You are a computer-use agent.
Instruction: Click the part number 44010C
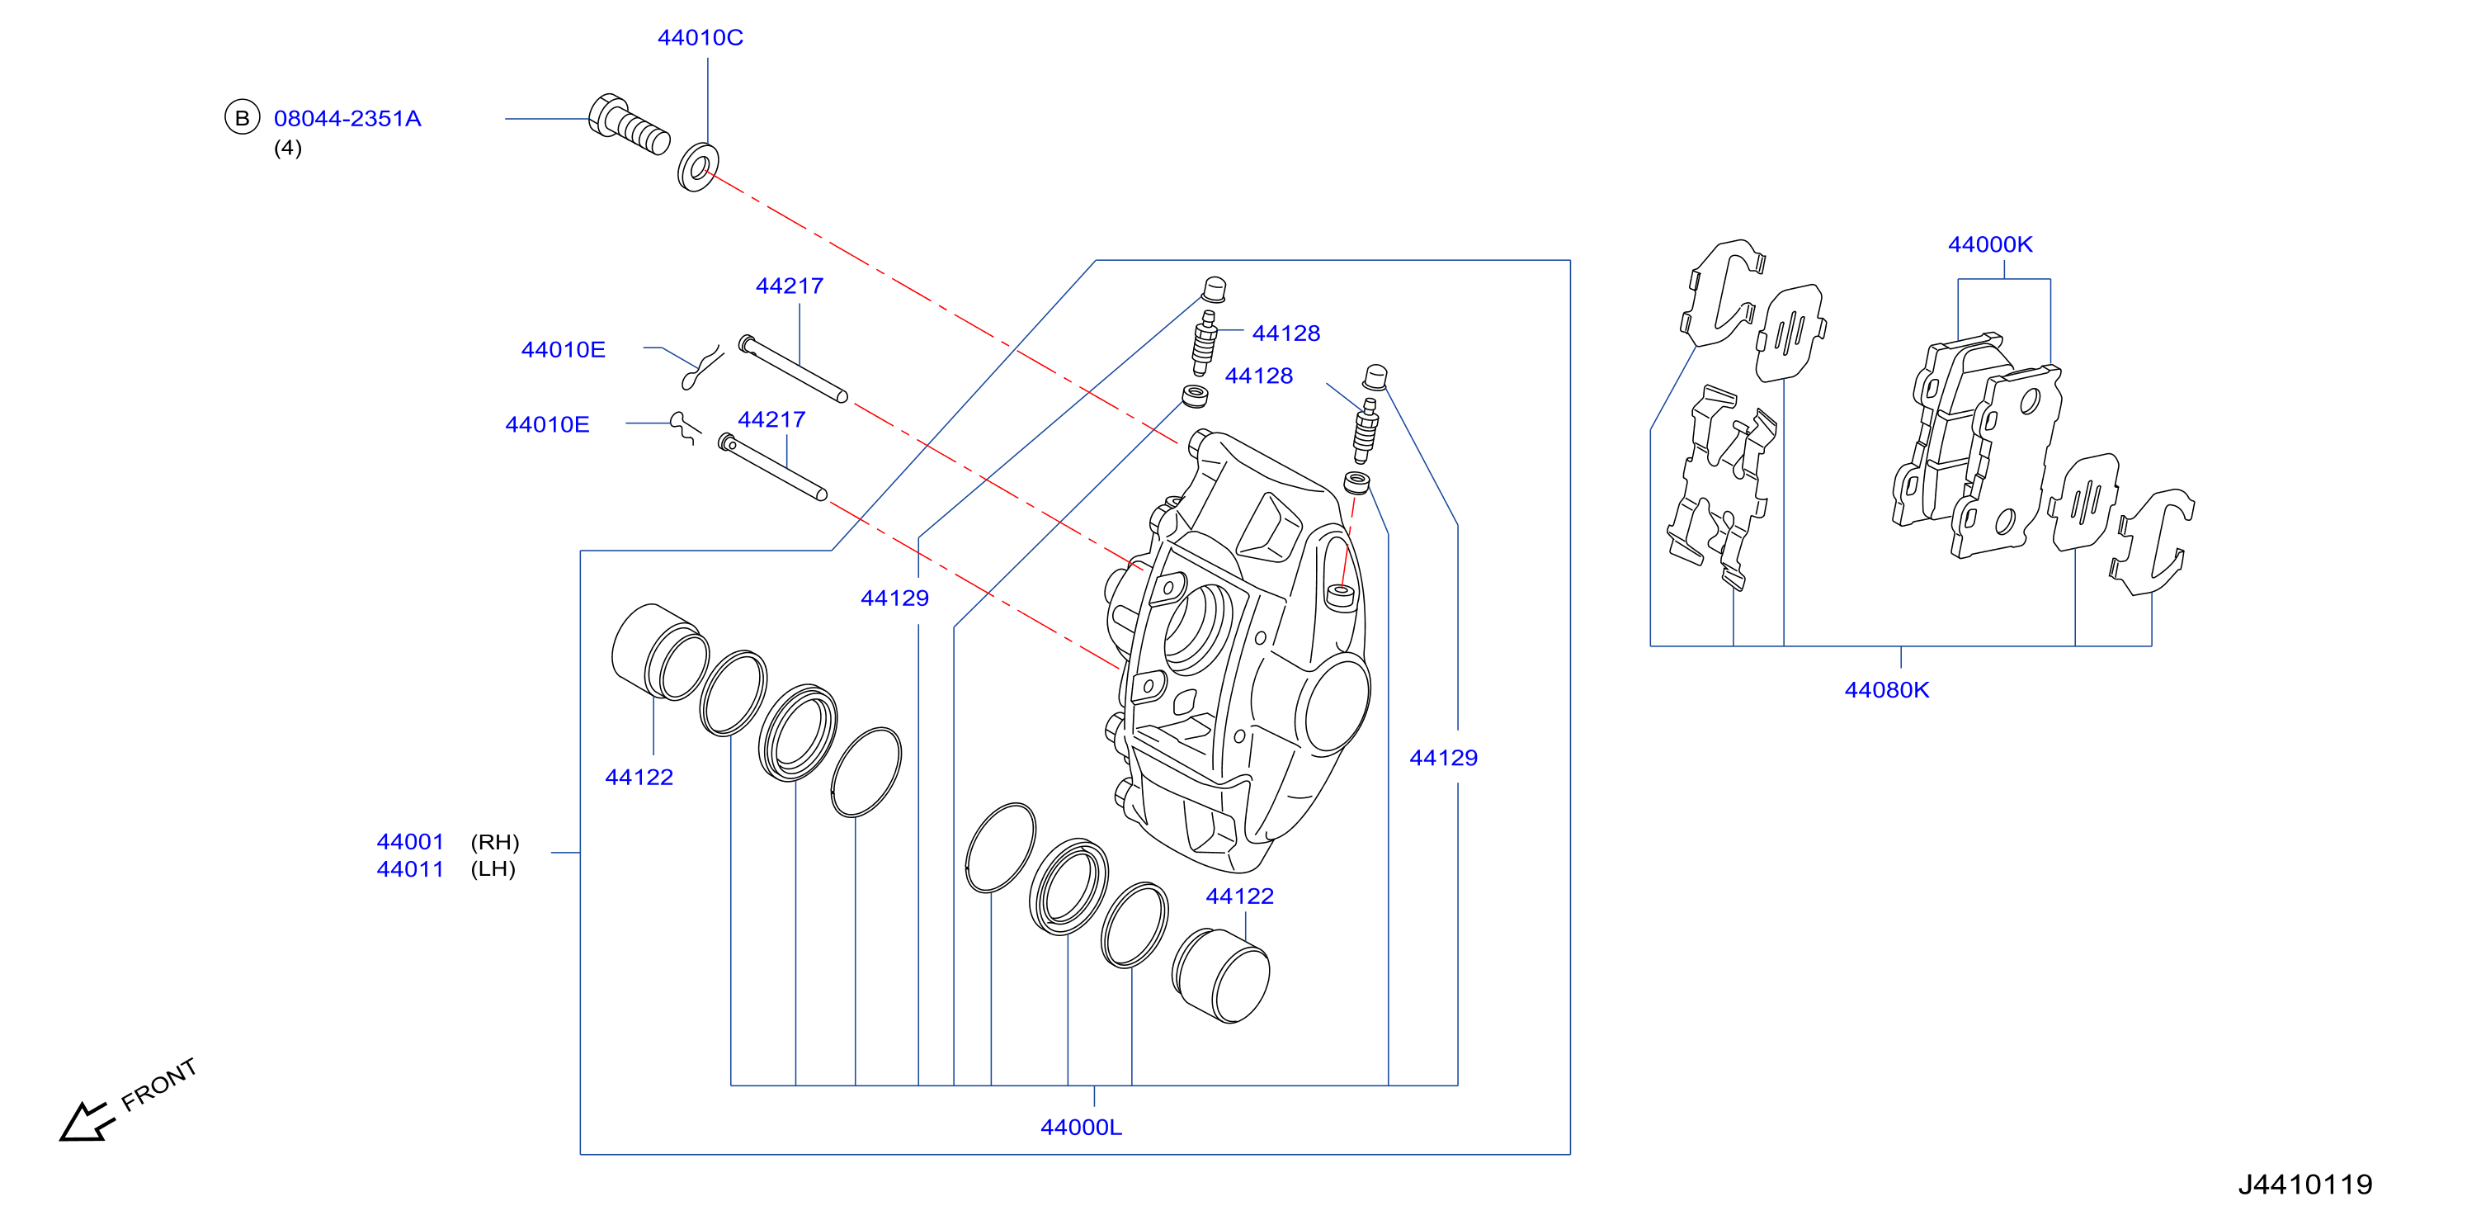(700, 37)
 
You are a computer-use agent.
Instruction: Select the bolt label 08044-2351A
(347, 119)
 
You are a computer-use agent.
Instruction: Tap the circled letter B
(243, 118)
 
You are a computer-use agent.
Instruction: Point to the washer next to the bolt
(698, 168)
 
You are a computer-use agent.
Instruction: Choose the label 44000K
(1990, 244)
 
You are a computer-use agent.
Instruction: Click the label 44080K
(1887, 689)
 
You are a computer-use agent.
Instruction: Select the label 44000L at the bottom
(1081, 1128)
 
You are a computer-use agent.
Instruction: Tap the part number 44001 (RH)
(447, 842)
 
